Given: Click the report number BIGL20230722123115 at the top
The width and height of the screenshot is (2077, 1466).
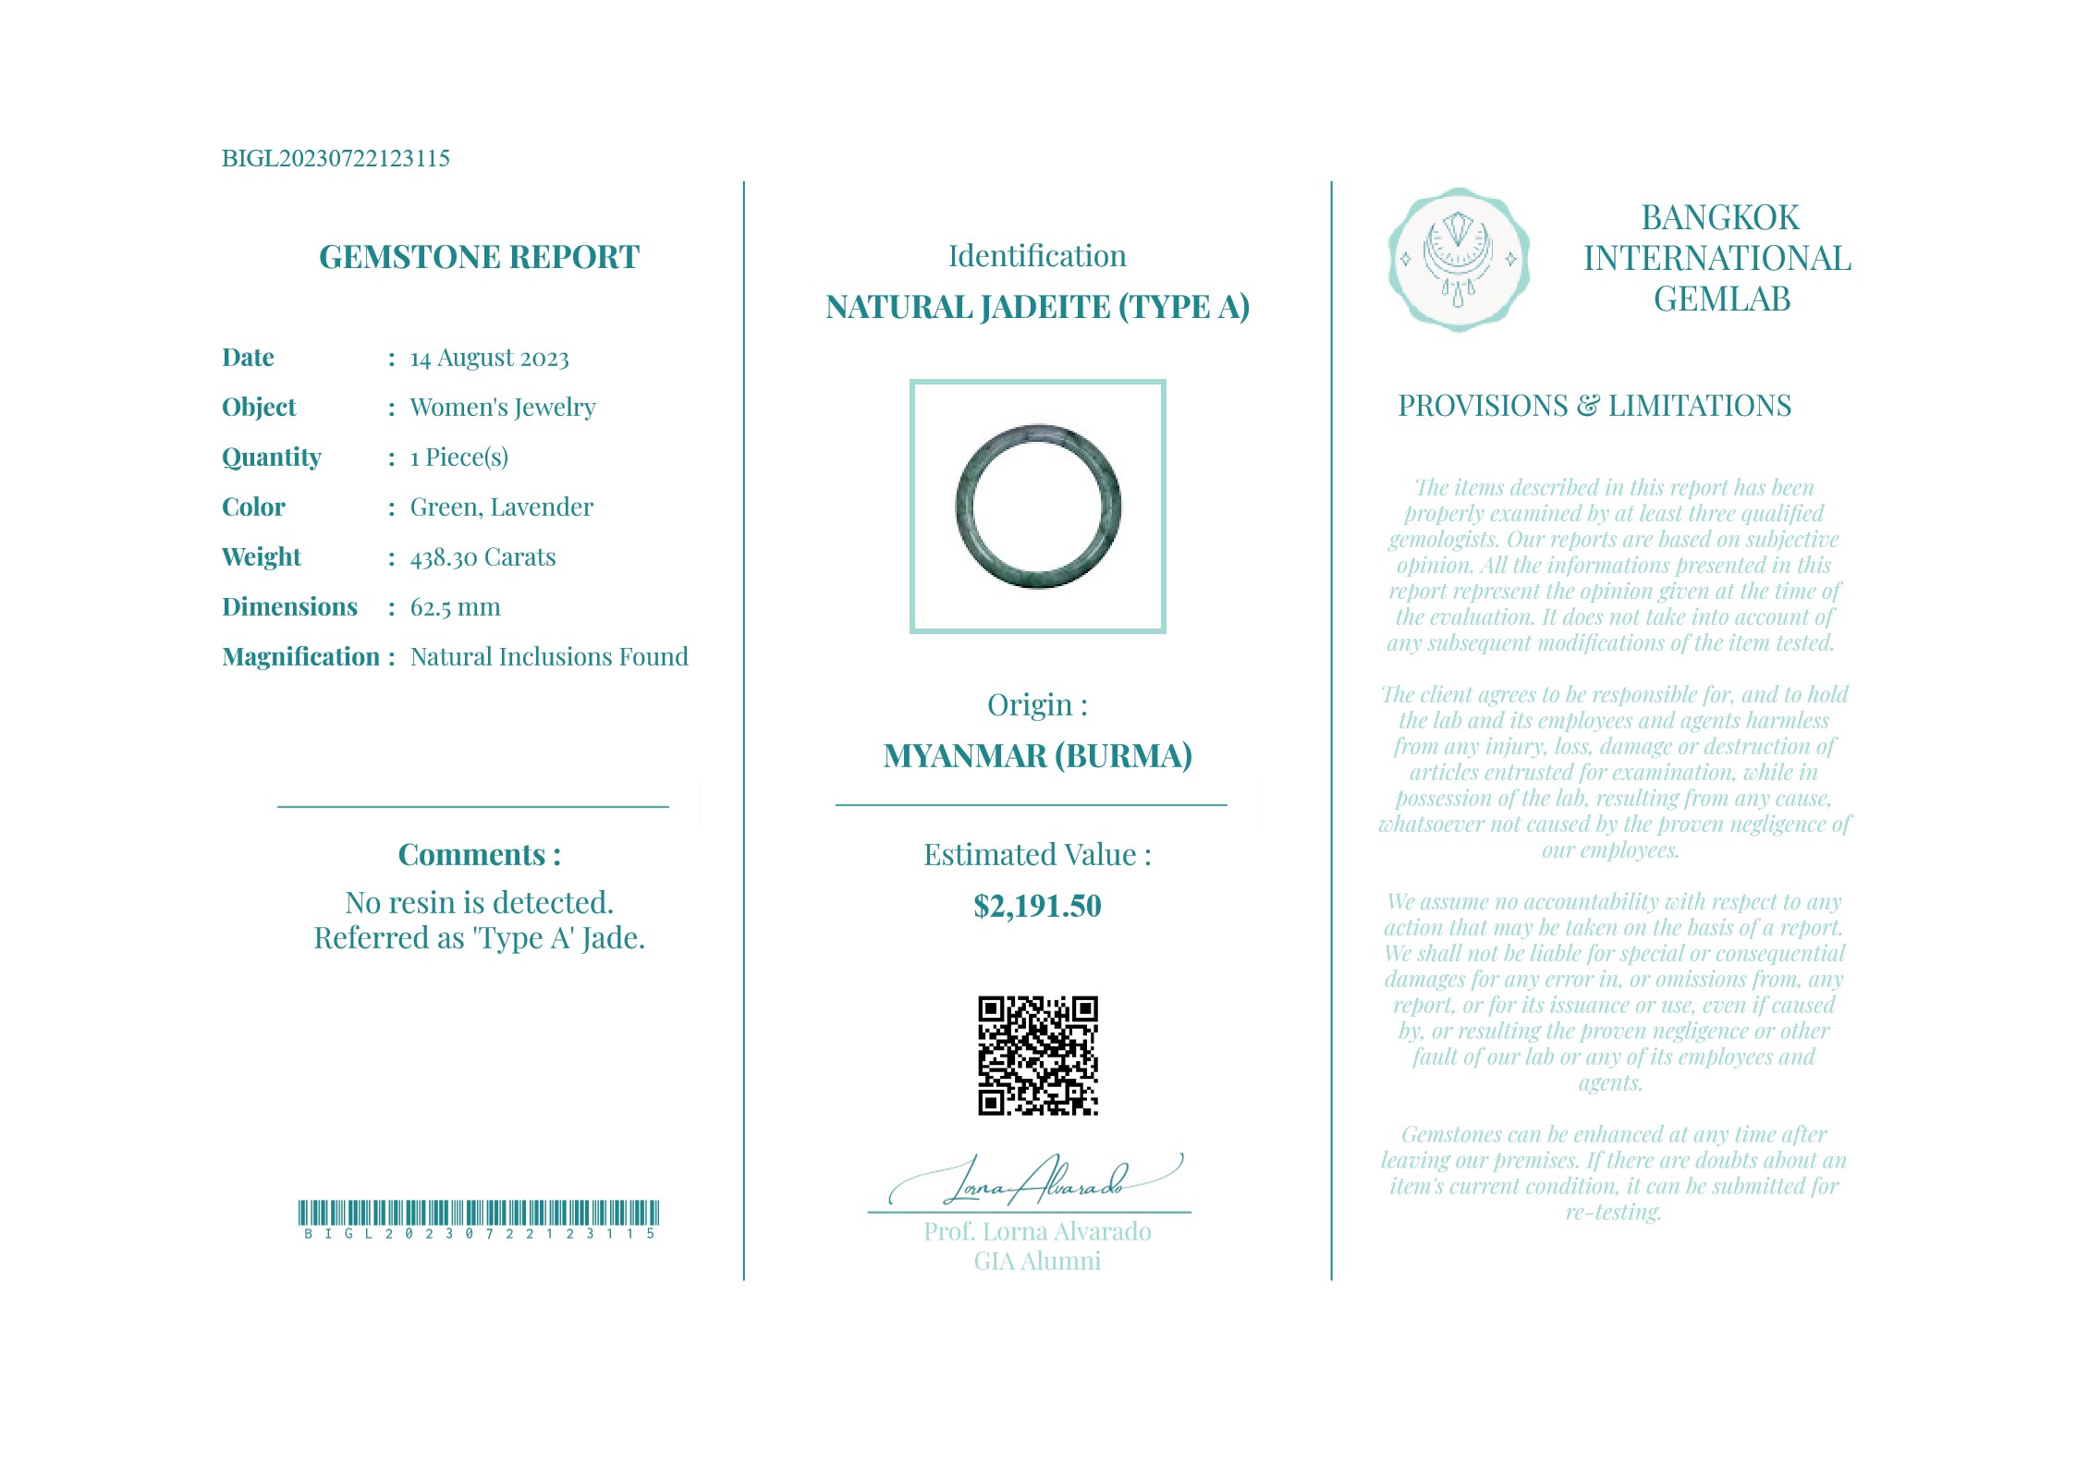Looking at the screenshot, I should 336,158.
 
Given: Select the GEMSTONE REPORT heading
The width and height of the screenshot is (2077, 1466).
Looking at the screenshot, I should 479,257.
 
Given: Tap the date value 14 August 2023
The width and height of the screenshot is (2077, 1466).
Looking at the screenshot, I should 489,358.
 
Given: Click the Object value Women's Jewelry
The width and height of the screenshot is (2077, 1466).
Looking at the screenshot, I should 502,408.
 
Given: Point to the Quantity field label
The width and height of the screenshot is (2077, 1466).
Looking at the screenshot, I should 272,458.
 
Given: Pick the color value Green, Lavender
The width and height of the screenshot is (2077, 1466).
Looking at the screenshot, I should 501,507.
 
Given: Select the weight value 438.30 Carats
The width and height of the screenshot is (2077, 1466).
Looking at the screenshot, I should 483,557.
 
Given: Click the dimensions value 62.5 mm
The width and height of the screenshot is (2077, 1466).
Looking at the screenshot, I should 455,607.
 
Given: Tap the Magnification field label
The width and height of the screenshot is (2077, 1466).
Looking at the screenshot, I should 300,657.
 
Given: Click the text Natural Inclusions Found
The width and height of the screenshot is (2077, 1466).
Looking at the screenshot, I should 549,657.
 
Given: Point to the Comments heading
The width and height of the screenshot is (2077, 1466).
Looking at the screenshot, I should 479,855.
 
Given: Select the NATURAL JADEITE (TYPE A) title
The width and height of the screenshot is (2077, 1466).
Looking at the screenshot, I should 1037,307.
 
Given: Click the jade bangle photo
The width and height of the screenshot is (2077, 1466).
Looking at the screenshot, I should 1037,507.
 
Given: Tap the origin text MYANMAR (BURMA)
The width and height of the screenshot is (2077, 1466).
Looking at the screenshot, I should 1037,756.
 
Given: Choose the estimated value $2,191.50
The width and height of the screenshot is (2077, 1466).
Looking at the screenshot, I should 1037,906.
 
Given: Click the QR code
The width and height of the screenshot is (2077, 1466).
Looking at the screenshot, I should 1037,1056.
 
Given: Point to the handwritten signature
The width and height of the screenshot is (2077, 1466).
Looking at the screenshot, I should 1035,1181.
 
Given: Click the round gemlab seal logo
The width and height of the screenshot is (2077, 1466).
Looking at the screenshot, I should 1458,260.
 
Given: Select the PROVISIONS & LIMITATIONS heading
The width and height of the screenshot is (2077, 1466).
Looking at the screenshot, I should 1594,406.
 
